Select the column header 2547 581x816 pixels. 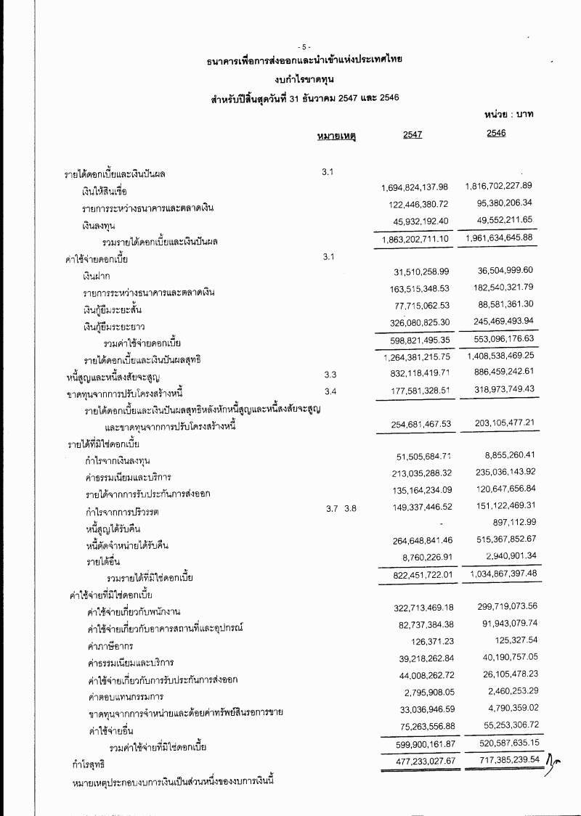coord(413,134)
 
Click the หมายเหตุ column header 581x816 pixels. coord(335,135)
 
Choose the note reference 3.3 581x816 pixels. coord(330,374)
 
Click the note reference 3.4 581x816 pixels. coord(330,391)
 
